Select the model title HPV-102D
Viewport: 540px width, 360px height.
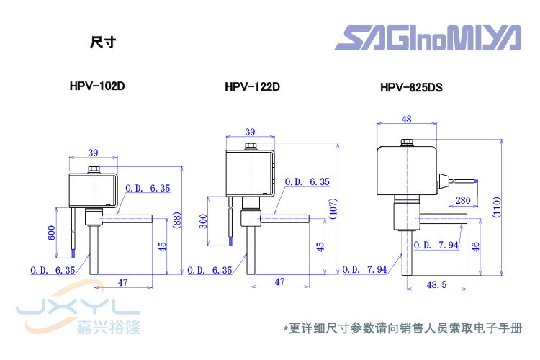[97, 86]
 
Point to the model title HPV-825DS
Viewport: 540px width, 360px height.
[411, 89]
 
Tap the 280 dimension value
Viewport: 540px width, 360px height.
[463, 200]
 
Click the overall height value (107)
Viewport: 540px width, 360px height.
[332, 209]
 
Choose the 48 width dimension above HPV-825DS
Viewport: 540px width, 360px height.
[407, 119]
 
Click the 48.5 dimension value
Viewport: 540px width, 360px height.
[436, 286]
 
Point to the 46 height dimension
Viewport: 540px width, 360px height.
[475, 246]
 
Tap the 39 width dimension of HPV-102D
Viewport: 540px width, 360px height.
[93, 152]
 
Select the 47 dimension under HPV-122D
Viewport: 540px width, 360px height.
[281, 282]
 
